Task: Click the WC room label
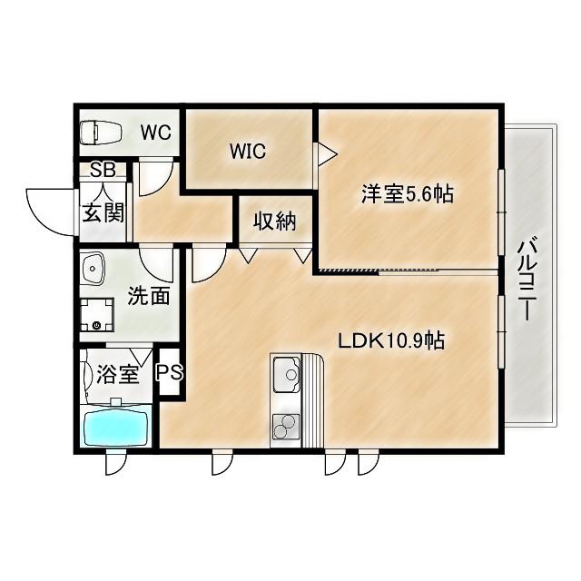pos(155,133)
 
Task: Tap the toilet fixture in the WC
pos(101,133)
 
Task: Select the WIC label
pos(248,152)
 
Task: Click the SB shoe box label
pos(103,170)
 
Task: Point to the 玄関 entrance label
pos(103,212)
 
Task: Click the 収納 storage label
pos(275,222)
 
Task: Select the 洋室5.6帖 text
pos(408,193)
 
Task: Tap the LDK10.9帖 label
pos(391,340)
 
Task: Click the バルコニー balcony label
pos(528,281)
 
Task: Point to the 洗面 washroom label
pos(149,295)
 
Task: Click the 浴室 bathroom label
pos(118,374)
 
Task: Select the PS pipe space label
pos(169,372)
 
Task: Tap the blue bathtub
pos(116,428)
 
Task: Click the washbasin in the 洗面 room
pos(94,269)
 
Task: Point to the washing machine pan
pos(97,315)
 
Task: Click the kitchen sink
pos(287,374)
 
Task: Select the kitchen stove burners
pos(286,427)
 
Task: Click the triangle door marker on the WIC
pos(326,153)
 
